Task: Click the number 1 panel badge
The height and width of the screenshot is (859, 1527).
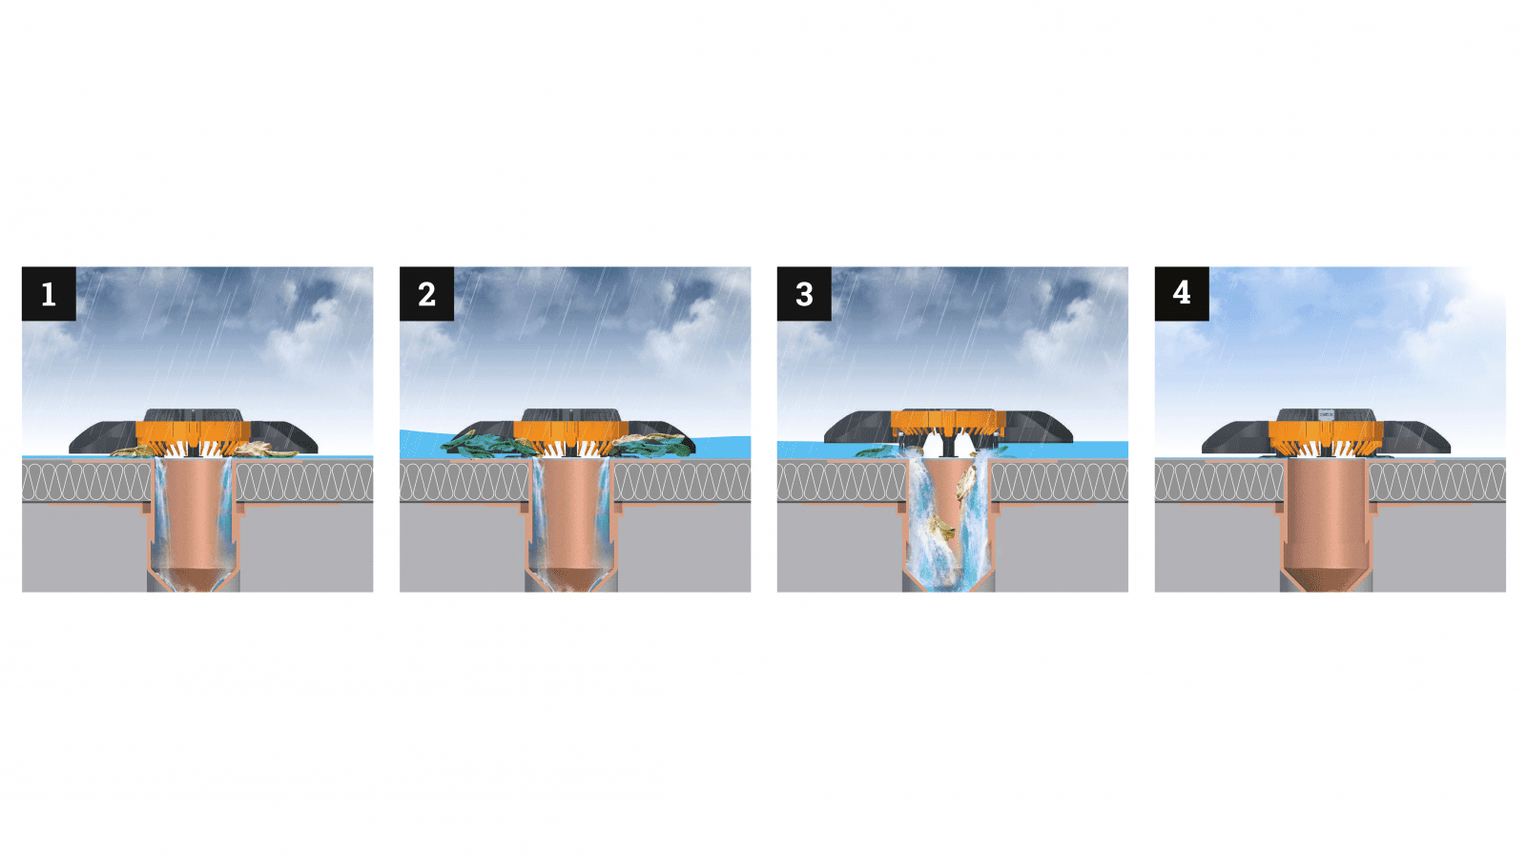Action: (x=49, y=293)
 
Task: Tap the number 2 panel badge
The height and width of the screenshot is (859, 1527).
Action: (x=426, y=293)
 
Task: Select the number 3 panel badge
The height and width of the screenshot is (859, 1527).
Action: (x=804, y=293)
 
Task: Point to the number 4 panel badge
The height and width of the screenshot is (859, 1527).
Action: (x=1182, y=293)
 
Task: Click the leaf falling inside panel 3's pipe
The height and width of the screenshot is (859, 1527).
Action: (x=942, y=529)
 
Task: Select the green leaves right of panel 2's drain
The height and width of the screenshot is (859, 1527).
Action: (x=652, y=445)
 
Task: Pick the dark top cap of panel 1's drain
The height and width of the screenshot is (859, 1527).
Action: (x=194, y=415)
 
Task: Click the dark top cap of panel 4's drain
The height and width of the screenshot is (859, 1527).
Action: (x=1326, y=415)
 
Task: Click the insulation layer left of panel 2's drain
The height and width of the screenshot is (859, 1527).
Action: (x=464, y=482)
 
